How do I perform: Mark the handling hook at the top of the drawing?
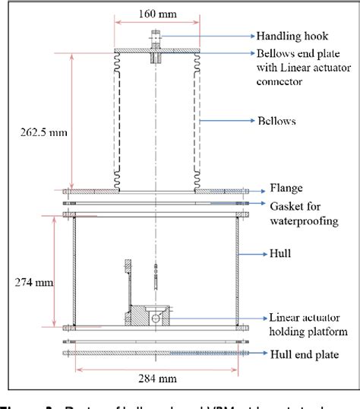[156, 36]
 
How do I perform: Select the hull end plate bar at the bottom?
[156, 353]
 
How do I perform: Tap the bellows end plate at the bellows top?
[156, 52]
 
